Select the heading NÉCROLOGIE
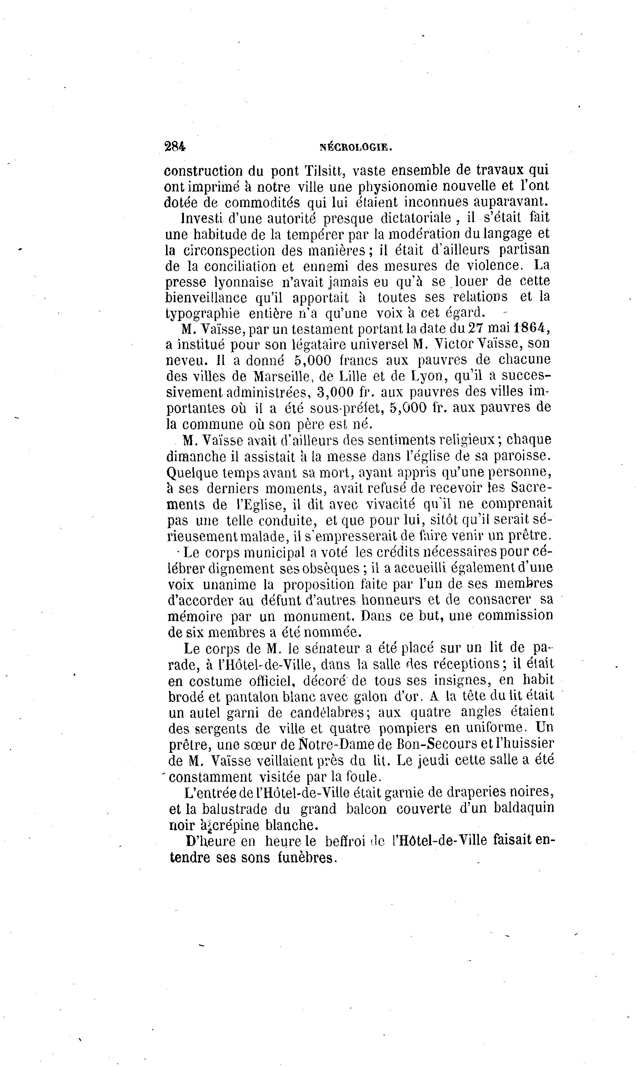point(356,147)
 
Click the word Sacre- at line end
point(531,488)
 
